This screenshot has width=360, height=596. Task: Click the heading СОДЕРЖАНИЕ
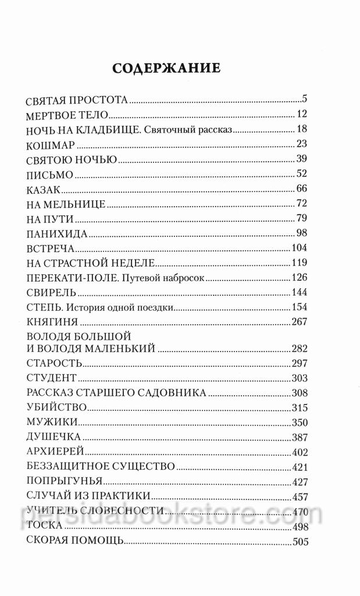tap(166, 67)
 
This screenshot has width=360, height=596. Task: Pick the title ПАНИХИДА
tap(57, 234)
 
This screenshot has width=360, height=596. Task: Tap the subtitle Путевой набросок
tap(166, 277)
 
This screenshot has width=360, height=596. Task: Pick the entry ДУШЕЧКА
tap(53, 437)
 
